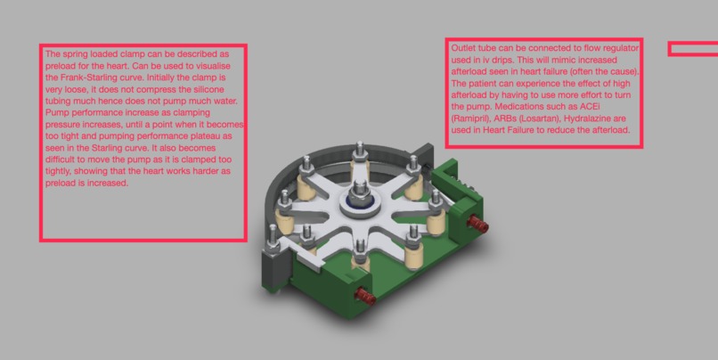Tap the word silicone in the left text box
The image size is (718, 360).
[x=221, y=90]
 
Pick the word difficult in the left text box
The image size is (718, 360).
[x=62, y=160]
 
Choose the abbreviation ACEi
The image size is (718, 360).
[x=624, y=107]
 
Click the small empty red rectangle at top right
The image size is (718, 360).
[x=693, y=49]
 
